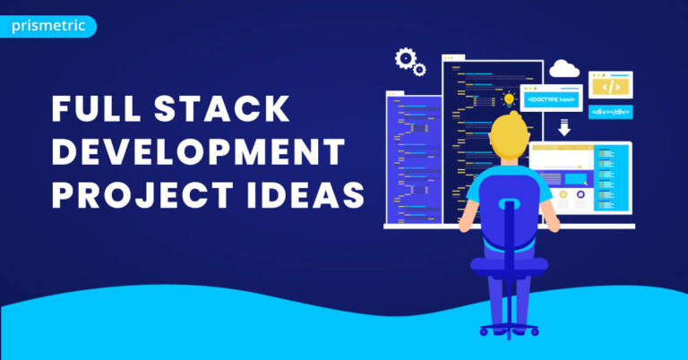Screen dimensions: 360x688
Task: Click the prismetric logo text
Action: (x=48, y=26)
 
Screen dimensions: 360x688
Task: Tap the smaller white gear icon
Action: (x=419, y=70)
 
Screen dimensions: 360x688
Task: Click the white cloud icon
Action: (x=565, y=69)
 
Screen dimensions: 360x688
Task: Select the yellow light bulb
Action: (x=510, y=99)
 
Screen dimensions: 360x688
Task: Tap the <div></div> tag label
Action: (x=610, y=112)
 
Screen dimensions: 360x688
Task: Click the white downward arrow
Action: (x=563, y=128)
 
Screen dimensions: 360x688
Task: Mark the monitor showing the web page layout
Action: (x=582, y=179)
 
